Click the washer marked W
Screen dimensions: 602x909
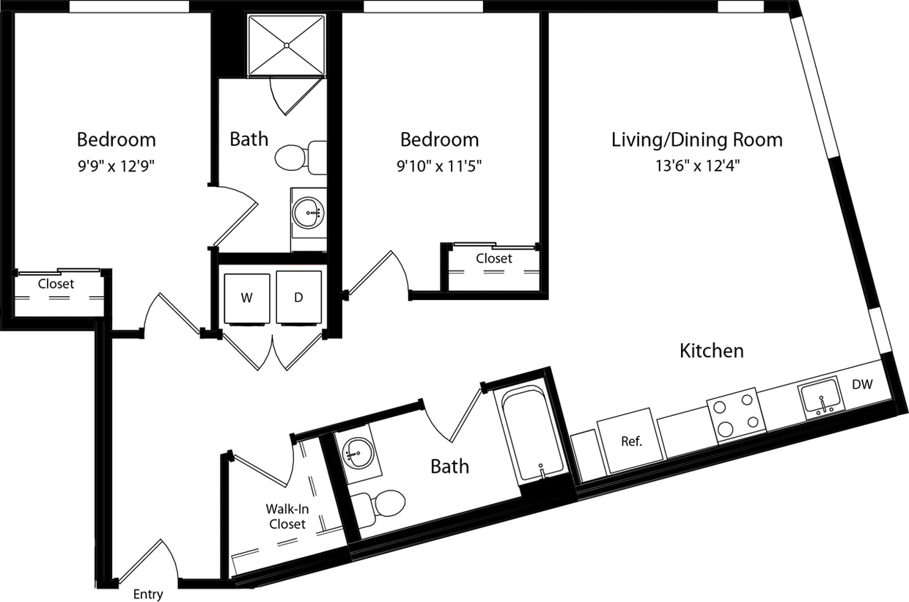[246, 298]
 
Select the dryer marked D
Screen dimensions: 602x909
[298, 298]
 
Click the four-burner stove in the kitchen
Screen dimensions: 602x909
[735, 416]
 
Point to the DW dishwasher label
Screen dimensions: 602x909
[861, 383]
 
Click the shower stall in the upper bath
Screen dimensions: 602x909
[286, 45]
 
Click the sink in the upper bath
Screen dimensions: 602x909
[307, 213]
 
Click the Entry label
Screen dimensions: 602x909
[148, 595]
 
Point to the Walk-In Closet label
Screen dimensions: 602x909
[287, 515]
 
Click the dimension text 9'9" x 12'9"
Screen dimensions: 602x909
[116, 166]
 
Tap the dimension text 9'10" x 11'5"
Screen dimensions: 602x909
[439, 166]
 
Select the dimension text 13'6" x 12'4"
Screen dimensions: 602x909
[696, 166]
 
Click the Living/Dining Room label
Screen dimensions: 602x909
[696, 139]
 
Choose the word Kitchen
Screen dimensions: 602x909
[711, 350]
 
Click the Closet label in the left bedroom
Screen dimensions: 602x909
[56, 284]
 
